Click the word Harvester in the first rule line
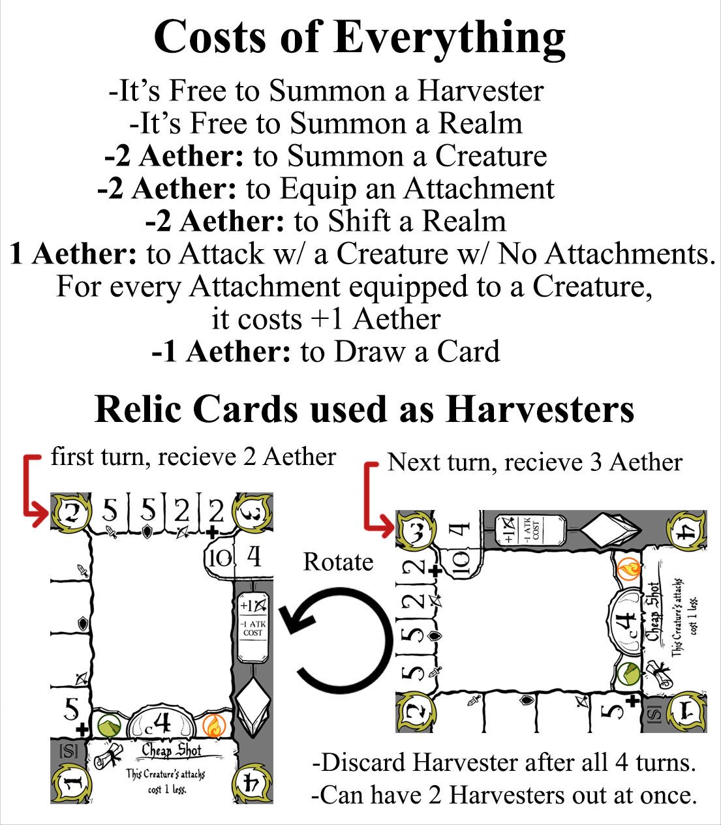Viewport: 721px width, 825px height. (x=480, y=91)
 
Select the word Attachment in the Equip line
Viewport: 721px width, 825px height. (x=479, y=188)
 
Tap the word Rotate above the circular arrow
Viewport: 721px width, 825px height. (x=338, y=562)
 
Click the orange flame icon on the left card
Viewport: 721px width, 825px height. (x=212, y=725)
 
